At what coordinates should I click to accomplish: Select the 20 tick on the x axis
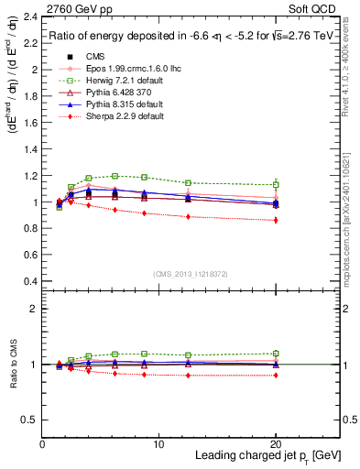(276, 444)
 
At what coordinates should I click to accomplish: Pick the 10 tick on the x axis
(158, 444)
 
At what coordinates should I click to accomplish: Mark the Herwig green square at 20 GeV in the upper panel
(276, 184)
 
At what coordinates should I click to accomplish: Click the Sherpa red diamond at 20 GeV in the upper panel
(276, 220)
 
